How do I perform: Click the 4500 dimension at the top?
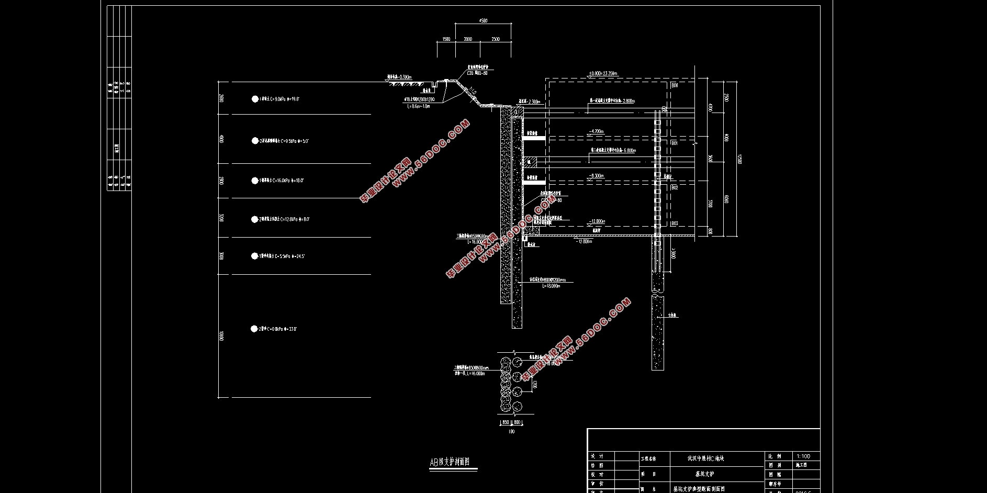(483, 21)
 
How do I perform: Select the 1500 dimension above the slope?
(446, 39)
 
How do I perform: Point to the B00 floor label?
(675, 85)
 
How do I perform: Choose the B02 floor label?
(675, 187)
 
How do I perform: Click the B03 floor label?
(675, 223)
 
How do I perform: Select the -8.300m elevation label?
(597, 176)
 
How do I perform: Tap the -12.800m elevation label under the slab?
(584, 241)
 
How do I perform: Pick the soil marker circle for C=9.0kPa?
(255, 99)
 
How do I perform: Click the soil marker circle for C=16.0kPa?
(255, 181)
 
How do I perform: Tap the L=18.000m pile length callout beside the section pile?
(551, 286)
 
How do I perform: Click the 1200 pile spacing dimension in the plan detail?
(534, 385)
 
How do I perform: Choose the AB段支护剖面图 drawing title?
(450, 463)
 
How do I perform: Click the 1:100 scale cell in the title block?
(804, 456)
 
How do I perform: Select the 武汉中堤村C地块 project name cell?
(705, 458)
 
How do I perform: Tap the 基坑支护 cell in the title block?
(704, 474)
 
